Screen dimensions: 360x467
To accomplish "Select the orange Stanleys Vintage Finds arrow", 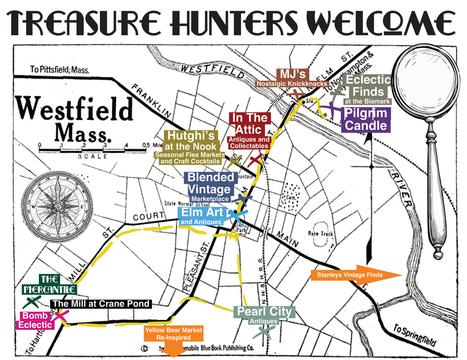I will tap(356, 275).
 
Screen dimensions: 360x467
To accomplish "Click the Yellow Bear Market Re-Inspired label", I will tap(174, 334).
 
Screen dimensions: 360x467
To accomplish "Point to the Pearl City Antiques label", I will tap(264, 315).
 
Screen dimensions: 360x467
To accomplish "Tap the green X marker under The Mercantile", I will tap(32, 302).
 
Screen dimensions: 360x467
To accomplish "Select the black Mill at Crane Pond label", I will tap(101, 304).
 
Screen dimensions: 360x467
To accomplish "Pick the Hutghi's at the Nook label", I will tap(190, 147).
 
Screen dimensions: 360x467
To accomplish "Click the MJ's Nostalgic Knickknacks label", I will tap(292, 78).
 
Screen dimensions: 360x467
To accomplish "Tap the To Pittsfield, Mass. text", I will tap(59, 70).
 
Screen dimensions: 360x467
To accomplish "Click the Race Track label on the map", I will tap(320, 234).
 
